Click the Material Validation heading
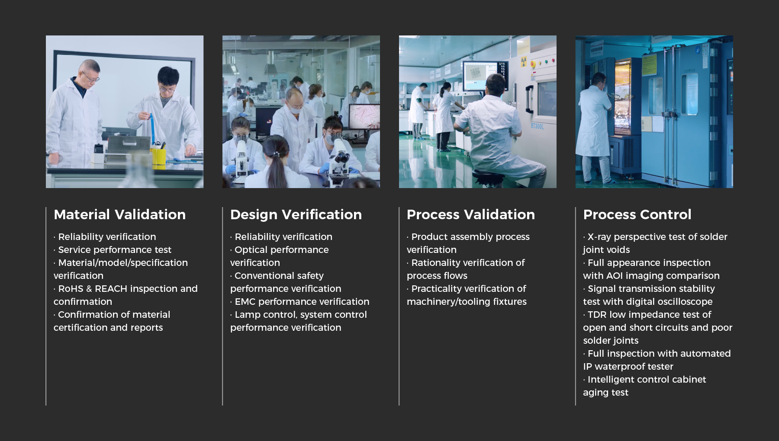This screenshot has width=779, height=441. (119, 214)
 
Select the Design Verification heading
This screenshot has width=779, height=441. (296, 214)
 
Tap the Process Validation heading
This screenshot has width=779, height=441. (471, 214)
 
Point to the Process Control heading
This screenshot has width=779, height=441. (637, 214)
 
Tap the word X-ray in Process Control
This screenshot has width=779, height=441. (599, 237)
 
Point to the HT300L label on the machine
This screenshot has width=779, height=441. (537, 126)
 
